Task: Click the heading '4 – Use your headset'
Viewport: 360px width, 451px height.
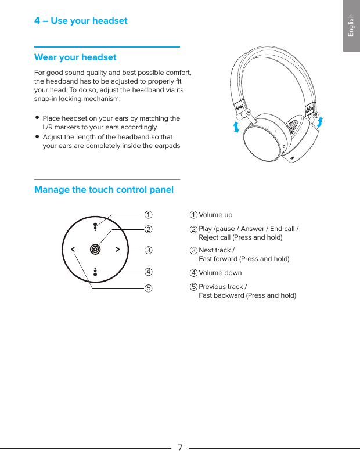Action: tap(81, 21)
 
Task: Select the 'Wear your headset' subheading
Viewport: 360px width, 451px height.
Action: tap(75, 57)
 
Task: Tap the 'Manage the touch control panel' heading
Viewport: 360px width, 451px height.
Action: tap(104, 190)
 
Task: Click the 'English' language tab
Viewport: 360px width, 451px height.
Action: tap(351, 26)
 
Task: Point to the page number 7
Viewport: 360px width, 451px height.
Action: tap(180, 447)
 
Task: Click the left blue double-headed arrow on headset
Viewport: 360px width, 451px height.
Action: tap(236, 127)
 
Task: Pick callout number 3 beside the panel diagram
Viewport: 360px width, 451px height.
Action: tap(149, 251)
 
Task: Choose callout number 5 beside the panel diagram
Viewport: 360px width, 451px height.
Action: tap(149, 288)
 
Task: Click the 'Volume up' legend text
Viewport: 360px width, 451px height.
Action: tap(215, 215)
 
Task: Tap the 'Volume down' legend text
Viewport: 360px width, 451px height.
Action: tap(220, 273)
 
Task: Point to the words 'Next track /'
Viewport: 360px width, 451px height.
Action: tap(217, 250)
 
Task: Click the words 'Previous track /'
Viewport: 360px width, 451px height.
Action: tap(222, 287)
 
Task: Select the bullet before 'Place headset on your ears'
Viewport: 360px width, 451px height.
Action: tap(37, 118)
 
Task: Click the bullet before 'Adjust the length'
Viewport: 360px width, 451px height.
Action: tap(37, 137)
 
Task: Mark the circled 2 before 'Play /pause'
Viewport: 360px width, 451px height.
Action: tap(194, 229)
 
